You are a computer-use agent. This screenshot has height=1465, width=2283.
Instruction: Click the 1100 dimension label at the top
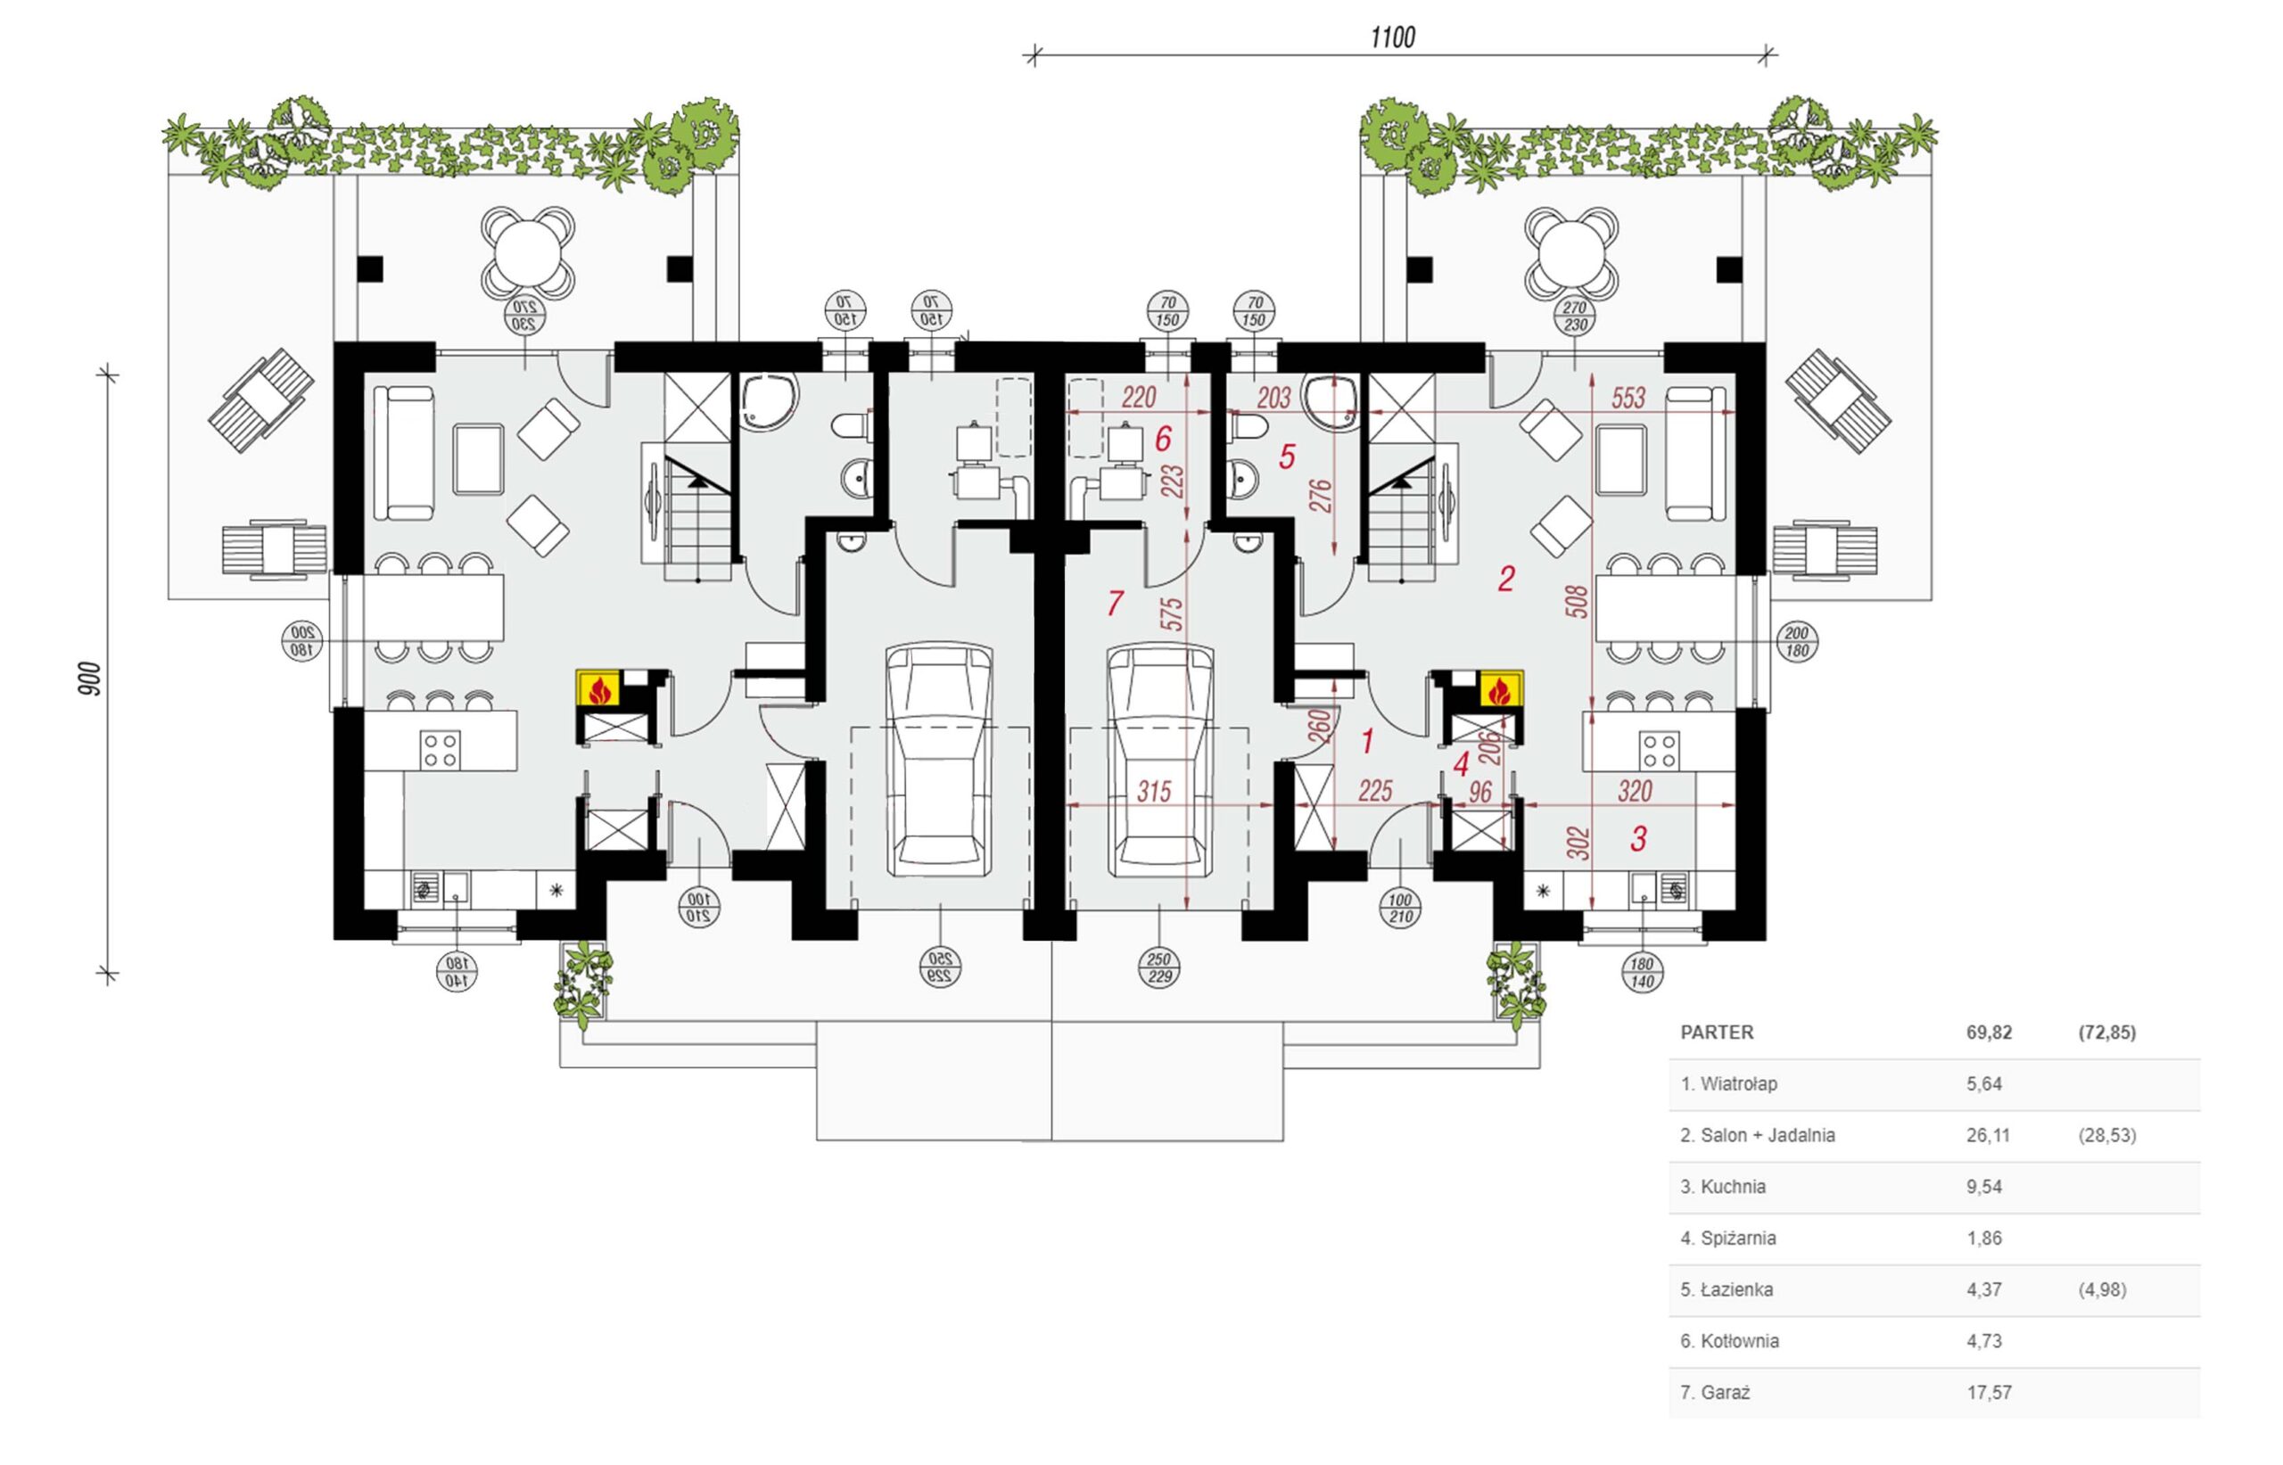[x=1393, y=37]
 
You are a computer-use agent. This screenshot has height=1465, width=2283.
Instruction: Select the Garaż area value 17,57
[x=1987, y=1393]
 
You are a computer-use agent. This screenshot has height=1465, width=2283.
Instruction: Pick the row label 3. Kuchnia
[x=1723, y=1186]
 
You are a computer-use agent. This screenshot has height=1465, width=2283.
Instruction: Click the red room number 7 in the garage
[x=1115, y=602]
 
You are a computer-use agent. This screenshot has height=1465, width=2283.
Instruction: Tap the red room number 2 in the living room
[x=1504, y=579]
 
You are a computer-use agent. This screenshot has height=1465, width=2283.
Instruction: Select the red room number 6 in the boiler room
[x=1162, y=439]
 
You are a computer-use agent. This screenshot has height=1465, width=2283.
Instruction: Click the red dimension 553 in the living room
[x=1628, y=398]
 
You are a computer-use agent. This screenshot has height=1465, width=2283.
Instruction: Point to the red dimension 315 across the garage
[x=1154, y=792]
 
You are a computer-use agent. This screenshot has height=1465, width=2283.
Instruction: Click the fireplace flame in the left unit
[x=598, y=688]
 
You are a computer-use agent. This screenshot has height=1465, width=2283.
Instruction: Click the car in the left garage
[x=939, y=759]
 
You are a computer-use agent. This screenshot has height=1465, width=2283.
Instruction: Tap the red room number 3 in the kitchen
[x=1638, y=839]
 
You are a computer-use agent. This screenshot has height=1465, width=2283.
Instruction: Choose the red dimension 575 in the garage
[x=1173, y=613]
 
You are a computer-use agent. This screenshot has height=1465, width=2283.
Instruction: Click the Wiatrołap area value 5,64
[x=1984, y=1083]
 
